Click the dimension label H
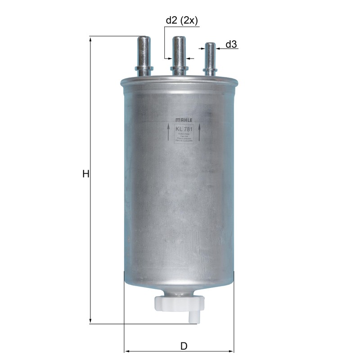(85, 174)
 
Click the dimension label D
(184, 346)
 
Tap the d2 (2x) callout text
(182, 20)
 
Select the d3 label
(231, 44)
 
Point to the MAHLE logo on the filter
(184, 121)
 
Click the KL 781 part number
(184, 129)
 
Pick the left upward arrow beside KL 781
(169, 134)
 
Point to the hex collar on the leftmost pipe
(144, 68)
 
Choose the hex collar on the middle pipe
(179, 68)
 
